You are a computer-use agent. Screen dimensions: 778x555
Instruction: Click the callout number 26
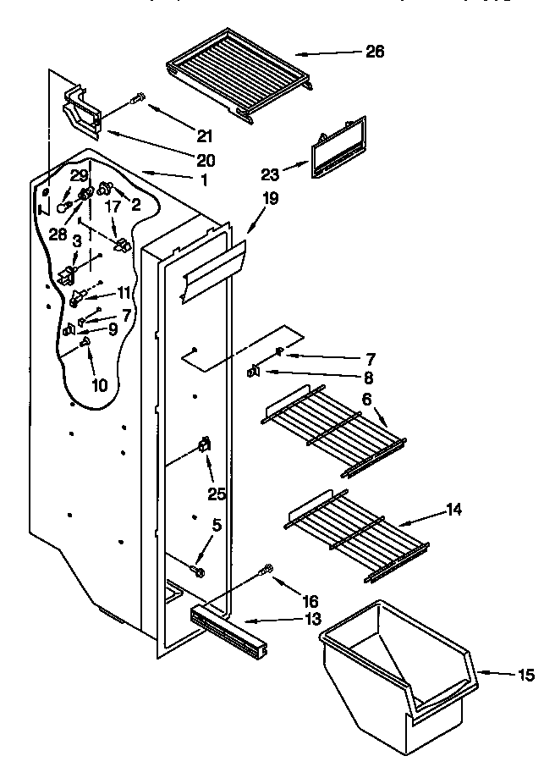pos(375,52)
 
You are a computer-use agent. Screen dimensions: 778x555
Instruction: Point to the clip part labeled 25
pos(204,446)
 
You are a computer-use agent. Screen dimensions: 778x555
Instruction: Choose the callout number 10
pos(99,385)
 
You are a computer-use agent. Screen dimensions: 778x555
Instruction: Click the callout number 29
pos(79,175)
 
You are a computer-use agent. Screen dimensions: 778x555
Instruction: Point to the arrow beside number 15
pos(499,674)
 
